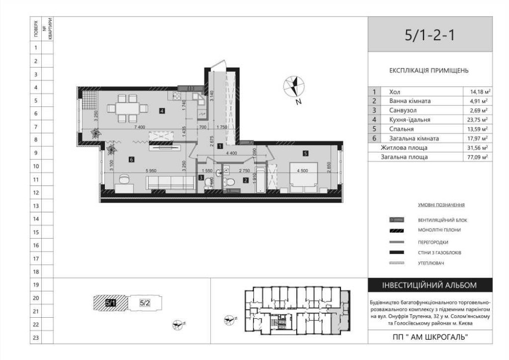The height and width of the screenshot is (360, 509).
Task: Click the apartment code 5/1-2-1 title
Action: (430, 35)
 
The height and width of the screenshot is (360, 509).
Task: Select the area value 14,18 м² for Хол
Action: (480, 92)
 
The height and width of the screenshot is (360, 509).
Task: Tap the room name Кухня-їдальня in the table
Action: (409, 120)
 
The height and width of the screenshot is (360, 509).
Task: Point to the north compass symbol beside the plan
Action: (294, 86)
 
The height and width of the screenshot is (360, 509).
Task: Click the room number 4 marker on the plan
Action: (162, 110)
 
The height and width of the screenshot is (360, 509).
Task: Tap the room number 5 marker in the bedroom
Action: (305, 153)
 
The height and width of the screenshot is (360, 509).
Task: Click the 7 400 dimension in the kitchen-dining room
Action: (140, 127)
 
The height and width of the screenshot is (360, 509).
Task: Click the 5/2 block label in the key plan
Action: (145, 303)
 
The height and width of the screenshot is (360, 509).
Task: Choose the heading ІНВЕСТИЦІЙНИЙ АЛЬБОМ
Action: (430, 285)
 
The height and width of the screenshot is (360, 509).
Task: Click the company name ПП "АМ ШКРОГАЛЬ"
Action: (430, 337)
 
